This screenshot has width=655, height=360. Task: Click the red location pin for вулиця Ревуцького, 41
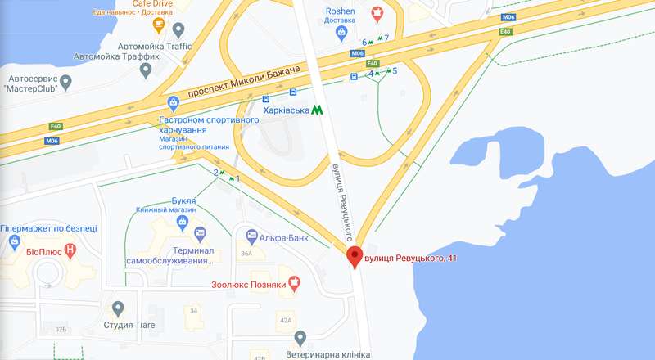(x=355, y=255)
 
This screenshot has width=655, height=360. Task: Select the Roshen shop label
(x=340, y=11)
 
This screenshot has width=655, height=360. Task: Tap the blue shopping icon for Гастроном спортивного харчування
(x=173, y=103)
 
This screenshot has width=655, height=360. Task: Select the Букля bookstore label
(x=183, y=200)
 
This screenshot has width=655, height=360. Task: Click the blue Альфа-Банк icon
(x=252, y=236)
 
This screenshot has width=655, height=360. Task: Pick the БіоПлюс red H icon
(x=70, y=249)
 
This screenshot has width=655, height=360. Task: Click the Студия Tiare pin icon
(x=119, y=308)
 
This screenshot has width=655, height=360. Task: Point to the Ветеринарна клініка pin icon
(x=300, y=338)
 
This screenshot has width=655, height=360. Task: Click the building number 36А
(x=246, y=254)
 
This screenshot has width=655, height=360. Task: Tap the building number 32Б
(x=60, y=329)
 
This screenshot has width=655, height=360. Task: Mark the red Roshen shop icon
(x=377, y=11)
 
